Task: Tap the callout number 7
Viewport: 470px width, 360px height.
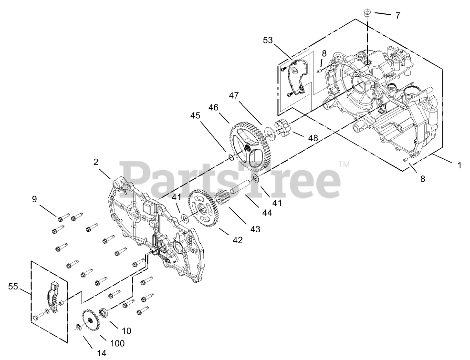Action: (x=397, y=15)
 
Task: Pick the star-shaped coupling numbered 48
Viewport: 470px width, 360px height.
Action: (x=283, y=128)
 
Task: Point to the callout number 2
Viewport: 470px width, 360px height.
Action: (x=96, y=162)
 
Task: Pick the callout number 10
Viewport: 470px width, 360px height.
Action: (x=126, y=330)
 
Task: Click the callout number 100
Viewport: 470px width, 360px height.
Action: (x=117, y=343)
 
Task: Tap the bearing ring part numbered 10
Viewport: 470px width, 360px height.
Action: (x=102, y=313)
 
